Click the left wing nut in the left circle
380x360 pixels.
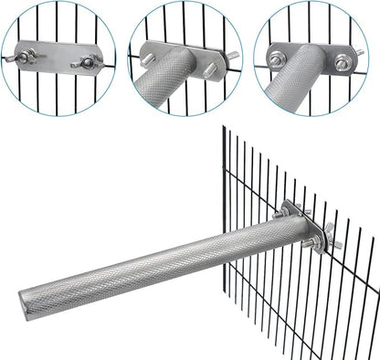pos(28,57)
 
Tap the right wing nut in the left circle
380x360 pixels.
pos(89,62)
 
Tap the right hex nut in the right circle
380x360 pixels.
pos(342,63)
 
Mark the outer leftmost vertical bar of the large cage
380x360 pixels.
pos(223,183)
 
